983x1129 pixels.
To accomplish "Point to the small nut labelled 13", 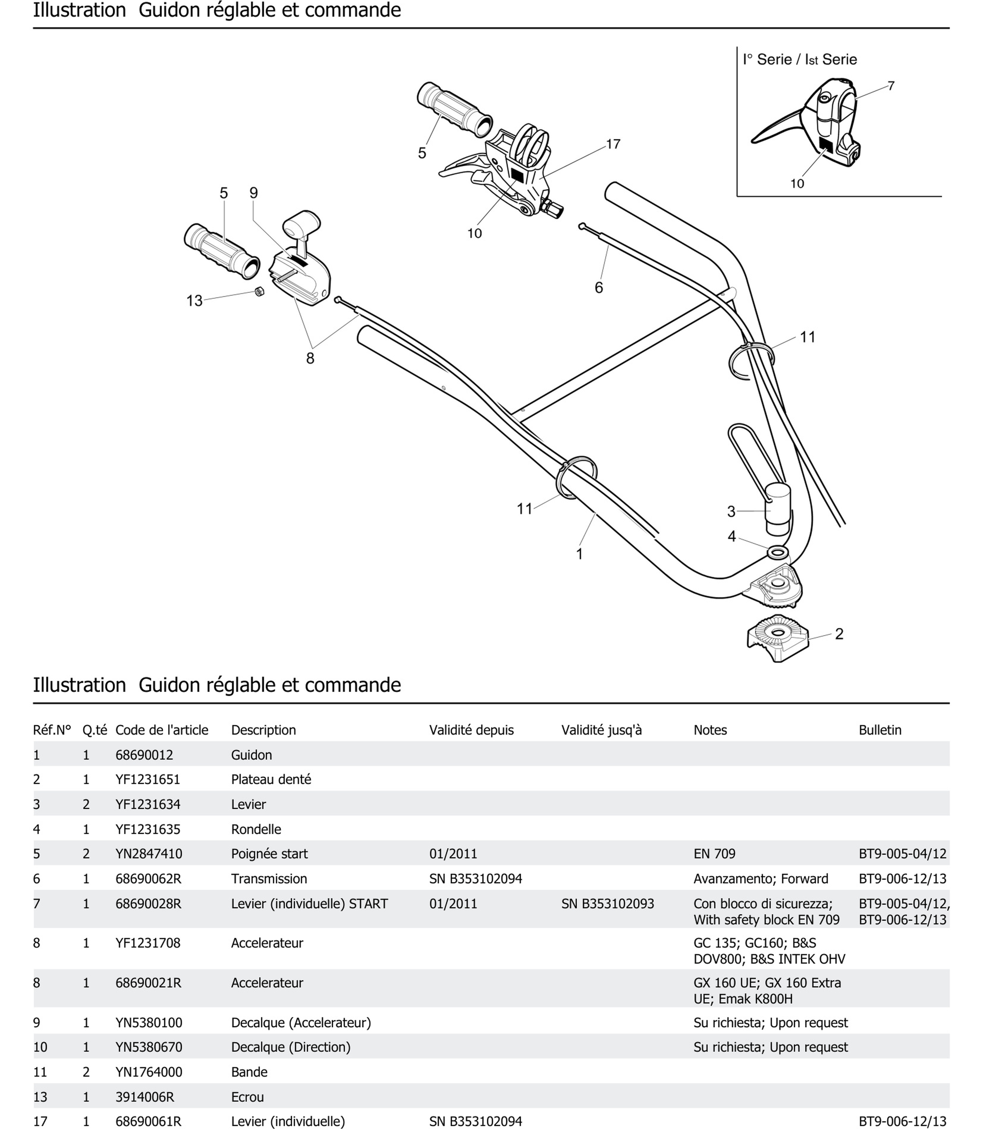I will [x=260, y=291].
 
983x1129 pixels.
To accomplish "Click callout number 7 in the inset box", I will [x=891, y=86].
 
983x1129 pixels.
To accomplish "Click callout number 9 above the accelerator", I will [x=253, y=193].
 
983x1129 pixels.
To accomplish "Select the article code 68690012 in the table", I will [x=144, y=755].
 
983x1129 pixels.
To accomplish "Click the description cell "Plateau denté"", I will [x=271, y=780].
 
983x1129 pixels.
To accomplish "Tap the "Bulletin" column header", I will [x=880, y=730].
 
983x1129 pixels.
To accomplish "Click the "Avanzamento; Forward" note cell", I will [x=760, y=879].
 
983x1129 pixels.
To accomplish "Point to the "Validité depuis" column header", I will [x=471, y=730].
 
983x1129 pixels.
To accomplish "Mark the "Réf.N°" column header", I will [x=52, y=730].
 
